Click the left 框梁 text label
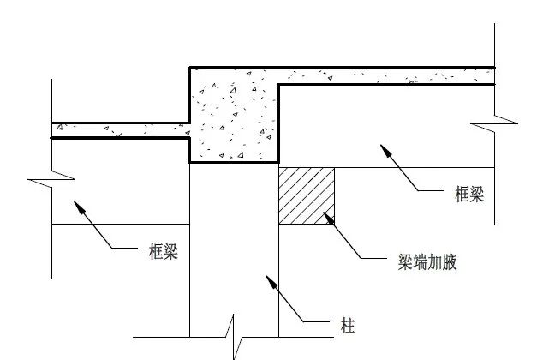pyautogui.click(x=162, y=252)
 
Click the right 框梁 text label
pyautogui.click(x=468, y=195)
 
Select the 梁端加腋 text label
pyautogui.click(x=421, y=262)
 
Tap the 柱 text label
pyautogui.click(x=347, y=326)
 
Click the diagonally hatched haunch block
pyautogui.click(x=307, y=195)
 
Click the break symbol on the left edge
pyautogui.click(x=41, y=182)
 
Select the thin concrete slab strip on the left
pyautogui.click(x=120, y=130)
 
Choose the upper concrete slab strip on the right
pyautogui.click(x=385, y=76)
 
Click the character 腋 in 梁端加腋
pyautogui.click(x=448, y=262)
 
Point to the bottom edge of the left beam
pyautogui.click(x=120, y=225)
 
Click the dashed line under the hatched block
pyautogui.click(x=307, y=225)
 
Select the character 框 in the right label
pyautogui.click(x=459, y=195)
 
